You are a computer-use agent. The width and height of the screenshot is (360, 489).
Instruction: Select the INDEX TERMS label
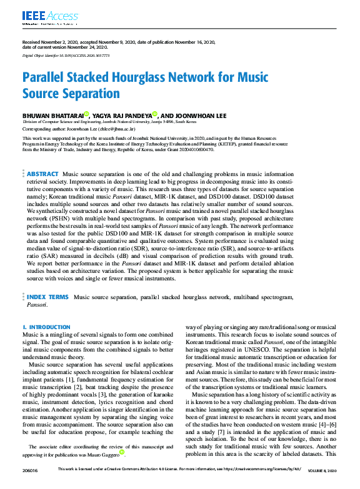click(x=48, y=297)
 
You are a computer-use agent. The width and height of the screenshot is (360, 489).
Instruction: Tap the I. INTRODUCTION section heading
click(x=46, y=327)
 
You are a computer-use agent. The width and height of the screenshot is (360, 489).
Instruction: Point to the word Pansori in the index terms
click(x=37, y=305)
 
